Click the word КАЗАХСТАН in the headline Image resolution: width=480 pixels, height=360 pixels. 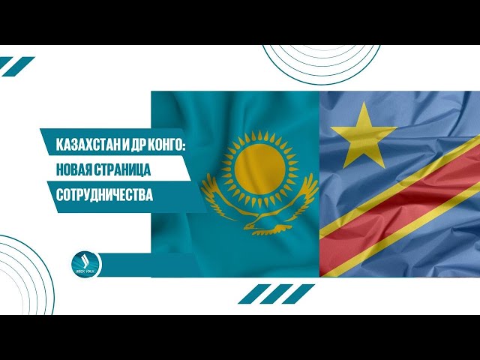pyautogui.click(x=82, y=143)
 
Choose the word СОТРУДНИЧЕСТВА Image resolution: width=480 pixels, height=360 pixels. pyautogui.click(x=104, y=194)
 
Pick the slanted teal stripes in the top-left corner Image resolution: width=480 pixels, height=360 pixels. pyautogui.click(x=16, y=65)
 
